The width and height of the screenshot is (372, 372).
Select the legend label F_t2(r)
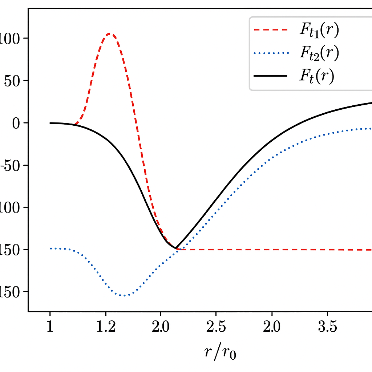319,53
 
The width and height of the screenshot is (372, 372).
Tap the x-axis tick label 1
50,328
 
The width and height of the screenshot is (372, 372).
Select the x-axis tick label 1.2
106,328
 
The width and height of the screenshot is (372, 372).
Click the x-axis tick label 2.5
217,328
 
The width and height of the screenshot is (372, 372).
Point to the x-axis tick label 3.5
328,328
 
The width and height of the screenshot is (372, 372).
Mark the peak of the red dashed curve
110,34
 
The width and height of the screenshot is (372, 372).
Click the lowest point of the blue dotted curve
125,295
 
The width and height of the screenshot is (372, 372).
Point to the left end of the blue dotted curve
50,248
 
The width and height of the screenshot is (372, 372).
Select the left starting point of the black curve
50,123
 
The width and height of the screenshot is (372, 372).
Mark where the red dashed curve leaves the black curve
74,124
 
